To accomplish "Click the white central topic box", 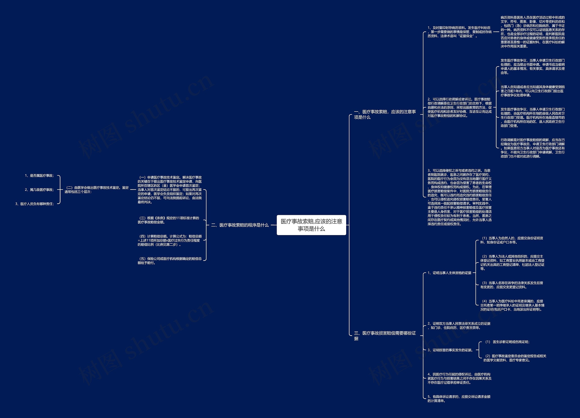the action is click(311, 225).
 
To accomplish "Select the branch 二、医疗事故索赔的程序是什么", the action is click(240, 225).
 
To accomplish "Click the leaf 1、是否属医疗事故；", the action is click(39, 175).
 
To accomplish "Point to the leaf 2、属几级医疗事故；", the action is click(39, 190).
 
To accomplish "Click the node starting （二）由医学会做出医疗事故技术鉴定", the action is click(97, 190).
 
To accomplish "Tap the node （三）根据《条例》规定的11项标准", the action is click(168, 220).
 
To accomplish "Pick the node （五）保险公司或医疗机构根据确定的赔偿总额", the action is click(169, 261).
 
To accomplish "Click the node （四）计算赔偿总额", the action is click(169, 240).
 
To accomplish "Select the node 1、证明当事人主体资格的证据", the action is click(449, 273).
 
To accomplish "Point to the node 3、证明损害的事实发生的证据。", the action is click(450, 350).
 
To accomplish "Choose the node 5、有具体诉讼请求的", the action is click(459, 399).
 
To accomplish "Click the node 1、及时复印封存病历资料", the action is click(459, 32).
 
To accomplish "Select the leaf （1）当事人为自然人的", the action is click(511, 240).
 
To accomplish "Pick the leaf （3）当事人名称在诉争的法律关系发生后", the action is click(511, 285).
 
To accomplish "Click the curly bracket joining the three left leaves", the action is click(60, 190).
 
